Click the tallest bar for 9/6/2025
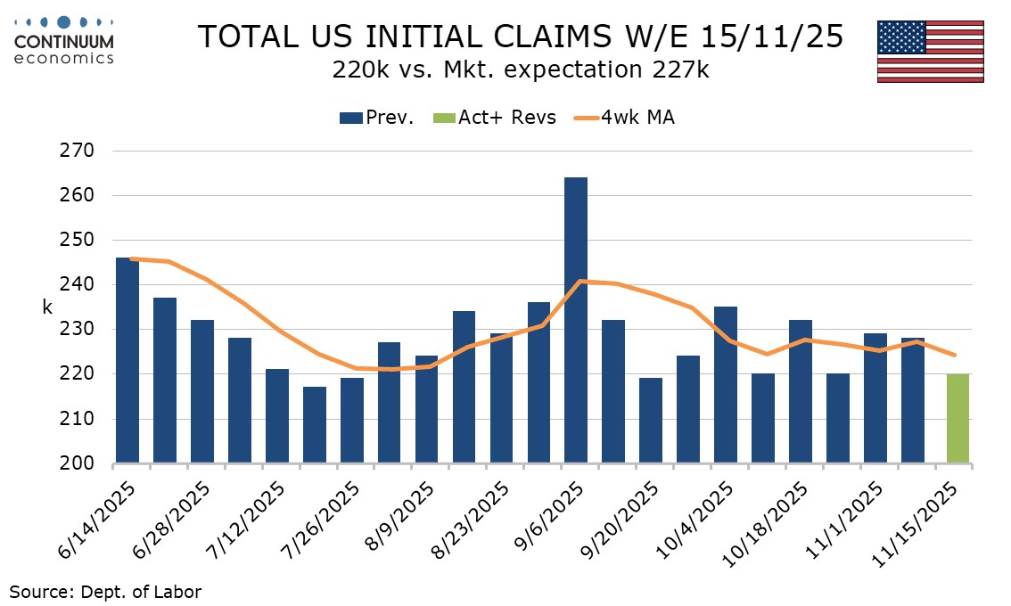pyautogui.click(x=576, y=321)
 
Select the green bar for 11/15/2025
pyautogui.click(x=958, y=419)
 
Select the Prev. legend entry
pyautogui.click(x=377, y=117)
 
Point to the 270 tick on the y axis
pyautogui.click(x=78, y=151)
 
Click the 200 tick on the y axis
pyautogui.click(x=78, y=463)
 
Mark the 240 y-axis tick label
pyautogui.click(x=78, y=284)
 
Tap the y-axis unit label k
pyautogui.click(x=47, y=307)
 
